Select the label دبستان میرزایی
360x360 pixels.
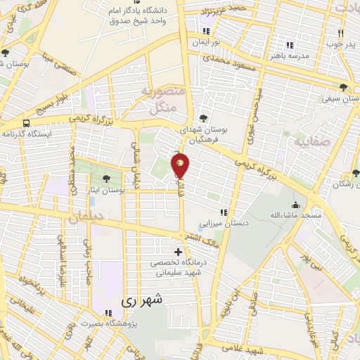click(226, 223)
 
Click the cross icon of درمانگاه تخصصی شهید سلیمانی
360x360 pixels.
click(178, 252)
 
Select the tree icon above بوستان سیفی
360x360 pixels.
click(343, 88)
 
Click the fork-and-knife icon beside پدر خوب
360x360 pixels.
click(340, 33)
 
